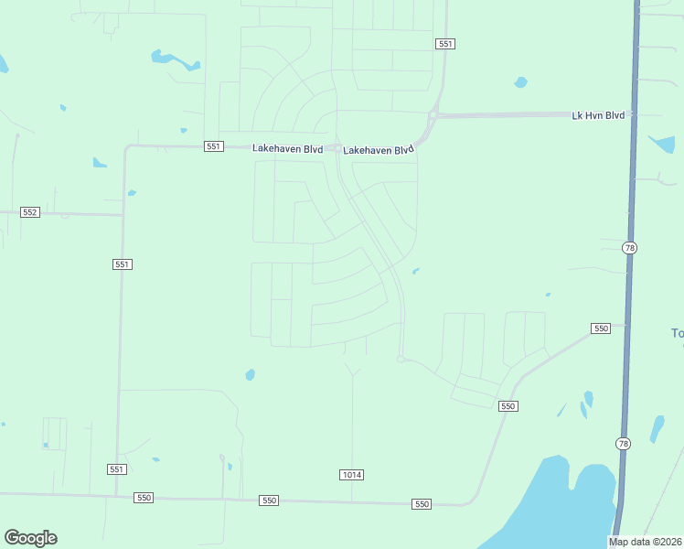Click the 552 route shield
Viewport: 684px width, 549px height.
[30, 212]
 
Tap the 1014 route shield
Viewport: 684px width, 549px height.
[351, 474]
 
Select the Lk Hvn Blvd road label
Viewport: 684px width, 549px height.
[598, 115]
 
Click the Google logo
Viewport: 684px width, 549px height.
[30, 538]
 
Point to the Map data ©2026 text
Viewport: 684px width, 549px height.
[646, 542]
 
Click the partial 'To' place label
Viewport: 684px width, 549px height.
[677, 333]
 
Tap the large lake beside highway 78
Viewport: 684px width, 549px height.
[562, 503]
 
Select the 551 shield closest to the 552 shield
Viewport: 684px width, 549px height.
[123, 264]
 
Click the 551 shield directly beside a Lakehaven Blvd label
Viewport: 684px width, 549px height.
[213, 146]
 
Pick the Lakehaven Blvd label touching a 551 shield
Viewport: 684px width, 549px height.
[287, 147]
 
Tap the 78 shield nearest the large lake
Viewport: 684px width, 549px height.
[624, 444]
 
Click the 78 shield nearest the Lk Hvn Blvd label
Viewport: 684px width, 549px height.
[628, 248]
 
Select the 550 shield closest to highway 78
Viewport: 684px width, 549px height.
[600, 328]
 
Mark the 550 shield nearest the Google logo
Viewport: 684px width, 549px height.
[143, 497]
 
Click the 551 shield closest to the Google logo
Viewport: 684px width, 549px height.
[115, 469]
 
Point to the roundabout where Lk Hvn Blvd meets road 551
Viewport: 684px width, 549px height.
[434, 115]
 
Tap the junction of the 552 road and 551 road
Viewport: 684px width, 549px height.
[123, 216]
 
